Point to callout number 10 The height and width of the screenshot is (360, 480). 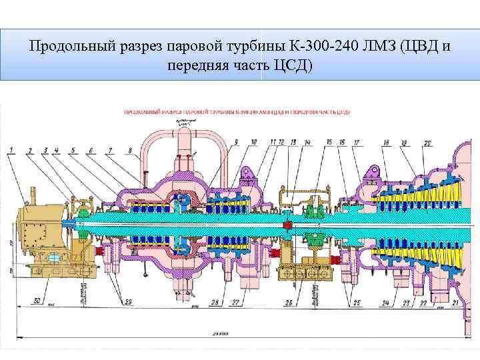253,142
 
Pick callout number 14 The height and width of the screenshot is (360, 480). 307,143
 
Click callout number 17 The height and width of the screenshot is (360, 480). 357,143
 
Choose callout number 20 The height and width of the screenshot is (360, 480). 427,143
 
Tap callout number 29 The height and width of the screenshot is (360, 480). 128,301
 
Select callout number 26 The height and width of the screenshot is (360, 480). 289,303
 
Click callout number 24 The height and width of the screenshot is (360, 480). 385,303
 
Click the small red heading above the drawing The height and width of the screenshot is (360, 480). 237,112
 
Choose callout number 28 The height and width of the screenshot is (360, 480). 214,302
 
